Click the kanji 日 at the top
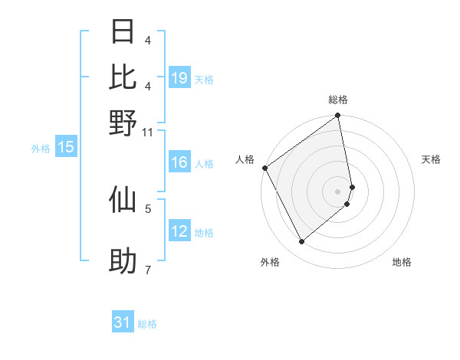pos(123,32)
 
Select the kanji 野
pos(123,123)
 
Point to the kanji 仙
pos(123,198)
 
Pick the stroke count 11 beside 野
pos(148,132)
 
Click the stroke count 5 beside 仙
pos(148,207)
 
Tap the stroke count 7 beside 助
pos(148,270)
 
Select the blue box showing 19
pos(179,78)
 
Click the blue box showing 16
pos(179,162)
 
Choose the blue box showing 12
pos(179,231)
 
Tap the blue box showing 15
pos(66,148)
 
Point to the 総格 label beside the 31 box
pos(147,324)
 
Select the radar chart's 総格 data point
pos(338,116)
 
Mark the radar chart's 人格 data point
pos(264,168)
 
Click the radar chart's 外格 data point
pos(301,242)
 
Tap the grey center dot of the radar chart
pos(338,191)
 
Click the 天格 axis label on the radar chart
pos(432,159)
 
